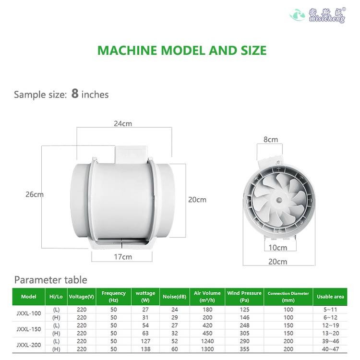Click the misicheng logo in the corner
point(318,15)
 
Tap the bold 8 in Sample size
point(75,94)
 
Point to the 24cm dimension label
point(123,124)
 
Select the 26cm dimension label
point(35,194)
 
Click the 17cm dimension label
point(123,257)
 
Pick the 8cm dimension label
point(271,140)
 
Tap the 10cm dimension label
point(278,248)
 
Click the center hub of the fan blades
point(279,200)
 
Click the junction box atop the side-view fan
point(131,154)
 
